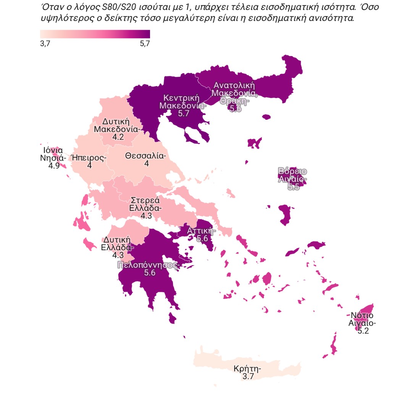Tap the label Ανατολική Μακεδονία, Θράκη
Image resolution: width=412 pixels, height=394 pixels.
[234, 89]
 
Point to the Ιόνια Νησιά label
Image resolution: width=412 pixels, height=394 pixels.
[53, 154]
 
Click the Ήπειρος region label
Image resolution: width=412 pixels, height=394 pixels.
[89, 158]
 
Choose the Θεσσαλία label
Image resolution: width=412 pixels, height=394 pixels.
[145, 156]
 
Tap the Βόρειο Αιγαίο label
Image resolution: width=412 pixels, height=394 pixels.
[292, 175]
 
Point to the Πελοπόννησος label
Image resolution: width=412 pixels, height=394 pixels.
[148, 265]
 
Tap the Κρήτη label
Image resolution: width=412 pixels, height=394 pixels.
[247, 369]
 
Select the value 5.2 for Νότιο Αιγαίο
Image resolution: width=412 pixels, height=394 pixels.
[363, 331]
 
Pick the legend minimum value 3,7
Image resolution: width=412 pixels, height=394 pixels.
[45, 44]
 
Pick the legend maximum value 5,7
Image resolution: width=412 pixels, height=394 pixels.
[145, 44]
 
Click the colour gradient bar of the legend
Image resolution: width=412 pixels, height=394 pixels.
[95, 34]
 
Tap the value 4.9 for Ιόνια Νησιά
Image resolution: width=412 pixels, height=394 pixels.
[54, 166]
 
